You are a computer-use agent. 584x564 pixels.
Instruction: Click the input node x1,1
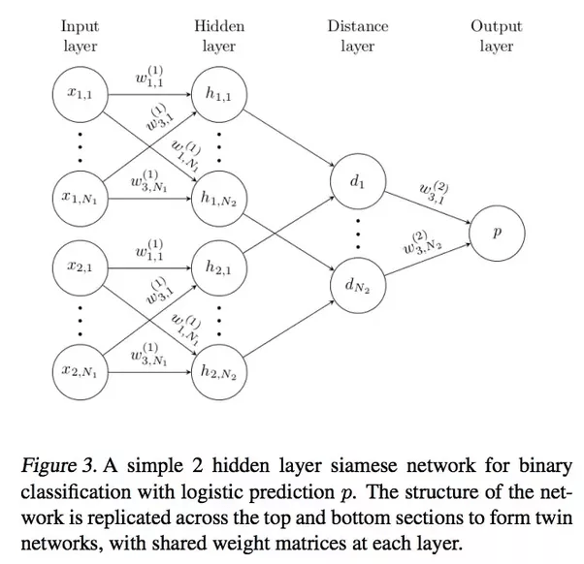[x=80, y=93]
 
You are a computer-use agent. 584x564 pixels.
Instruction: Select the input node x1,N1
[x=80, y=197]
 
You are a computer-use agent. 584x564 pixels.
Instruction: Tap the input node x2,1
[x=80, y=265]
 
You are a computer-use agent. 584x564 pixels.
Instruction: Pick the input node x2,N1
[x=80, y=369]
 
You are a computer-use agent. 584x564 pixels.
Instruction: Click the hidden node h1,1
[x=219, y=93]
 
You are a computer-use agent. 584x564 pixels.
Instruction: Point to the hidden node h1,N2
[x=219, y=197]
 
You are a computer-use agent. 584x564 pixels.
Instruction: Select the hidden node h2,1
[x=219, y=265]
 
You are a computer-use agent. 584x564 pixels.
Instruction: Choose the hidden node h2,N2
[x=219, y=369]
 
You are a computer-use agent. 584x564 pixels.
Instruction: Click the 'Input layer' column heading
[x=80, y=36]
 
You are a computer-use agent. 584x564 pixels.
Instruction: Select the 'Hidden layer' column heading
[x=219, y=36]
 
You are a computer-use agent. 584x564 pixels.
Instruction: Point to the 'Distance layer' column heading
[x=357, y=36]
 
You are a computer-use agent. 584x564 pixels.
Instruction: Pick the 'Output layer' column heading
[x=497, y=36]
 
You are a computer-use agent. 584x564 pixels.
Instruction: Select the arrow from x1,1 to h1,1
[x=149, y=94]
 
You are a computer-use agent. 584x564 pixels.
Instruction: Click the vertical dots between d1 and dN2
[x=357, y=232]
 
